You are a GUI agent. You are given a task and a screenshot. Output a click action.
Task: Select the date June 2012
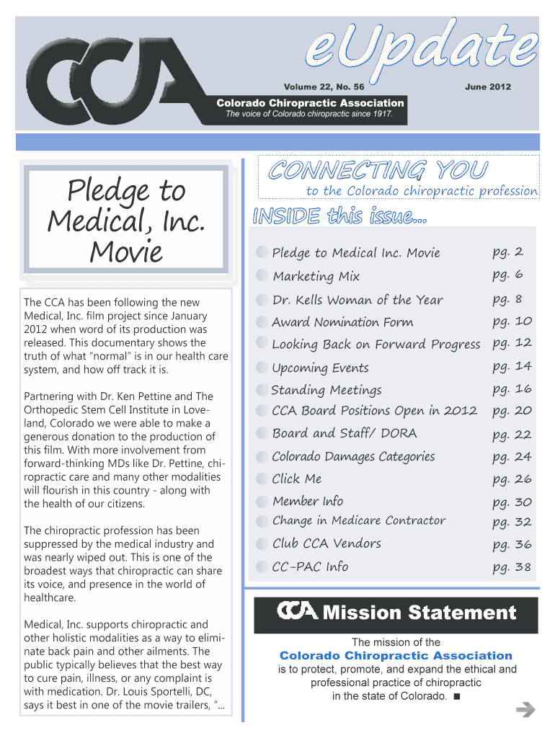[488, 86]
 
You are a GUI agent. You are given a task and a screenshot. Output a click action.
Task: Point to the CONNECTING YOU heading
[378, 170]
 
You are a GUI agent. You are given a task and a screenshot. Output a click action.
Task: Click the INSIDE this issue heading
[339, 215]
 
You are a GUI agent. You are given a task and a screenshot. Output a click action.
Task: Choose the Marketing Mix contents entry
[316, 276]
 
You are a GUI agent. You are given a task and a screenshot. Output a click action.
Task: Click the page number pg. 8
[507, 299]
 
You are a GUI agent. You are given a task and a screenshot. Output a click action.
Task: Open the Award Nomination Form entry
[342, 322]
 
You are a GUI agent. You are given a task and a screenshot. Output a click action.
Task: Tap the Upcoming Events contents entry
[320, 368]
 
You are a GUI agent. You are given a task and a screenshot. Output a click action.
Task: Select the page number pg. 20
[512, 411]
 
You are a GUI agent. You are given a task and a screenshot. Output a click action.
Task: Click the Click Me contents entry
[297, 479]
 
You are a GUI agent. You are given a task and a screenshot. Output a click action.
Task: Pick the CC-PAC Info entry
[310, 567]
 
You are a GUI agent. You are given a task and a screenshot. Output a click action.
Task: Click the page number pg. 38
[512, 567]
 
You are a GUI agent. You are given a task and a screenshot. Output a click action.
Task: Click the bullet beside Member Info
[261, 502]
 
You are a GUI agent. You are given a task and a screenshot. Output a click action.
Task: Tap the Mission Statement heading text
[419, 613]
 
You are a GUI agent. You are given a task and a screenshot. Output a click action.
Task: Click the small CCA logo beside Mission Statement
[297, 612]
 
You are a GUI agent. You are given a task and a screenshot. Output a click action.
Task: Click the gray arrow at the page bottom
[526, 711]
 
